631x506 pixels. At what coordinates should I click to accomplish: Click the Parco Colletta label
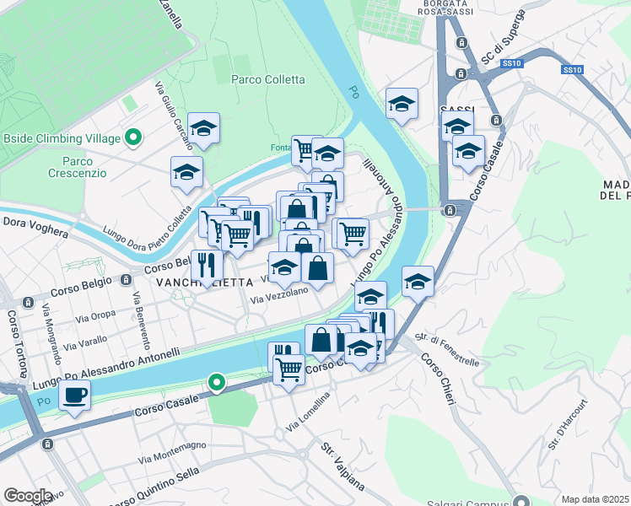[x=267, y=79]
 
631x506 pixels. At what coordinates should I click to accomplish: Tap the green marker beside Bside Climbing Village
[x=132, y=137]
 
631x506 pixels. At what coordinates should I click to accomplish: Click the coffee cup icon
[x=75, y=394]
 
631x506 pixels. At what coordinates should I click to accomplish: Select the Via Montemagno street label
[x=173, y=452]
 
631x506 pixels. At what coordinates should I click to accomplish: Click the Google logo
[x=29, y=496]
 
